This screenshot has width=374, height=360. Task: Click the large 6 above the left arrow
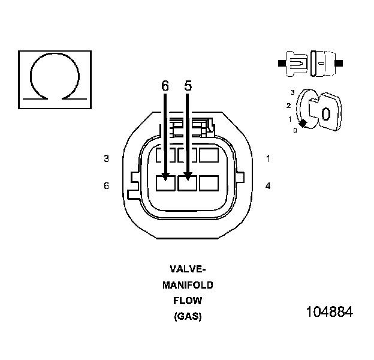tap(165, 86)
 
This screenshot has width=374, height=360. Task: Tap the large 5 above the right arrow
tap(188, 86)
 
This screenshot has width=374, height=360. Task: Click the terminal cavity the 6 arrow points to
tap(165, 182)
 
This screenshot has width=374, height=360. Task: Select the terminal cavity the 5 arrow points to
tap(188, 182)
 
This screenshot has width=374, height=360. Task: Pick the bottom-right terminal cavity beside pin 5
tap(210, 182)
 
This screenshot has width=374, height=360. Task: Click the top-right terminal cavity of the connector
tap(210, 155)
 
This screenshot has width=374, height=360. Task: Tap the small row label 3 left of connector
tap(106, 159)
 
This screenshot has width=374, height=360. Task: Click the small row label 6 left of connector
tap(106, 186)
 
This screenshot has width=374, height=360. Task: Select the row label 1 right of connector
tap(268, 159)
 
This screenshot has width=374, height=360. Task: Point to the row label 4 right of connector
tap(268, 186)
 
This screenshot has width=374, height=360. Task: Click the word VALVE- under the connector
tap(188, 269)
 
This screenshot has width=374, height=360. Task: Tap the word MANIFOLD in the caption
tap(188, 285)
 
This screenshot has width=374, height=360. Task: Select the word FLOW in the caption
tap(188, 301)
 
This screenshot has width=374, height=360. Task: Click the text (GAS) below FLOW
tap(188, 316)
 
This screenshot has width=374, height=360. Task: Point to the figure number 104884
tap(329, 313)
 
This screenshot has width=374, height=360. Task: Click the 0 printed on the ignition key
tap(325, 114)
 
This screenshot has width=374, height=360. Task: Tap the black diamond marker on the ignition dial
tap(303, 124)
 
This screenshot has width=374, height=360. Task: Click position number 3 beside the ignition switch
tap(292, 92)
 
